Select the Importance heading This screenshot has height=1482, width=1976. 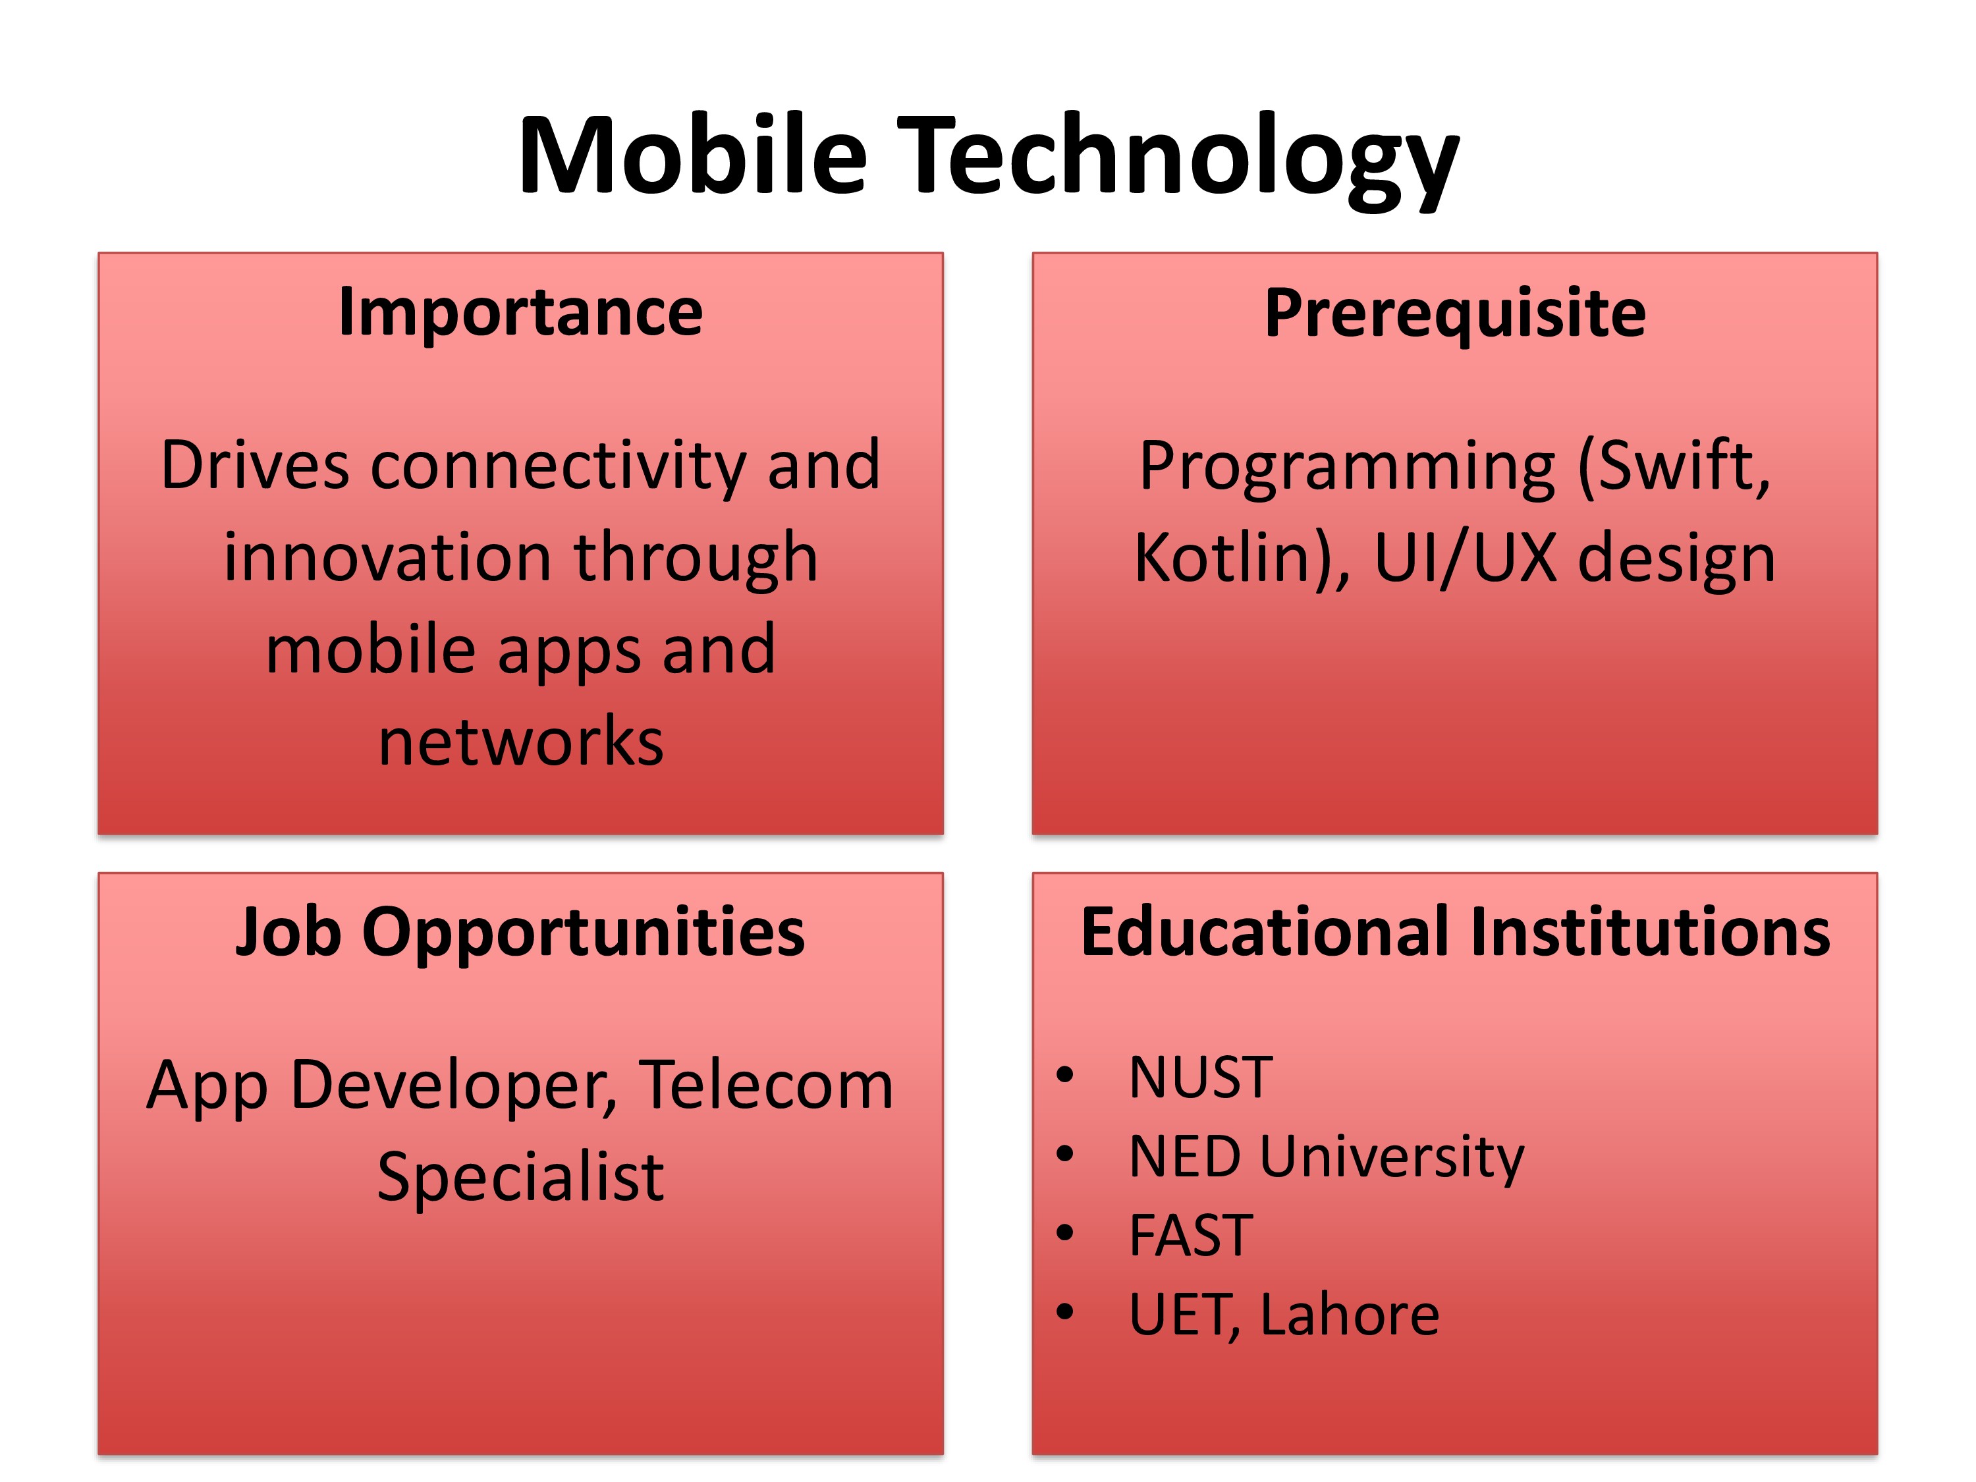click(x=521, y=313)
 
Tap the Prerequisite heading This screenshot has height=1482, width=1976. click(x=1455, y=314)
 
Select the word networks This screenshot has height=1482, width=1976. click(x=522, y=742)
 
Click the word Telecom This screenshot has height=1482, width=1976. click(x=767, y=1085)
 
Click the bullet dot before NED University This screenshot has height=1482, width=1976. click(x=1064, y=1154)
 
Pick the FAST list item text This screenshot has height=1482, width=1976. click(x=1191, y=1236)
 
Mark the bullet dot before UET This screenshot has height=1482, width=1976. click(x=1064, y=1312)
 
